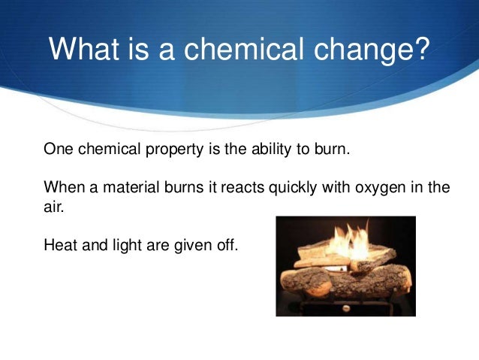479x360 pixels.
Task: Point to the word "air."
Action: (55, 205)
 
